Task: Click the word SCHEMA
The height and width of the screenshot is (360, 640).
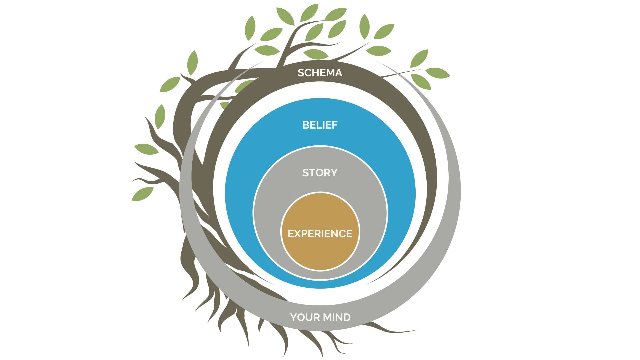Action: tap(320, 73)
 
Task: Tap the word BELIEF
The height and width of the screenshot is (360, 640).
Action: tap(320, 125)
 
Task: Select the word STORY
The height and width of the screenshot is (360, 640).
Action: tap(320, 173)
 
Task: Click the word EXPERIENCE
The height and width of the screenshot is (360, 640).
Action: tap(320, 234)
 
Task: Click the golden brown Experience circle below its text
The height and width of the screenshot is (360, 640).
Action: tap(320, 255)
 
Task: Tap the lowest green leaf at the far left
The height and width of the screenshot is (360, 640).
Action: tap(142, 194)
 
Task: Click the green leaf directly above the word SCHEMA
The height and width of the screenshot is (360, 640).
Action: tap(316, 54)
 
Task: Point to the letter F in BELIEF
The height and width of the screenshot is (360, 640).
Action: tap(334, 125)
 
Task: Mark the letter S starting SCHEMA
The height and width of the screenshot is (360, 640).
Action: tap(301, 73)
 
